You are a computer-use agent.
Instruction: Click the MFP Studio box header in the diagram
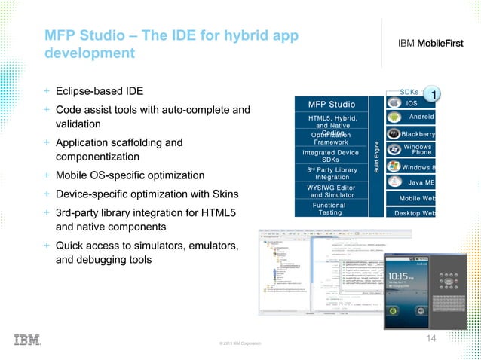point(334,102)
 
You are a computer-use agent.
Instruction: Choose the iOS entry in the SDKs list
point(412,102)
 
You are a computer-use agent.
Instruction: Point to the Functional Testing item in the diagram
point(329,209)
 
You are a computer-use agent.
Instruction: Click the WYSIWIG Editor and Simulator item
point(329,191)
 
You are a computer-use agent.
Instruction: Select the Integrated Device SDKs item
point(329,156)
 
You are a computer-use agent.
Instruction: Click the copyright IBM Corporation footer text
point(240,343)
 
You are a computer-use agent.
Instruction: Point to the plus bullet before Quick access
point(47,246)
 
